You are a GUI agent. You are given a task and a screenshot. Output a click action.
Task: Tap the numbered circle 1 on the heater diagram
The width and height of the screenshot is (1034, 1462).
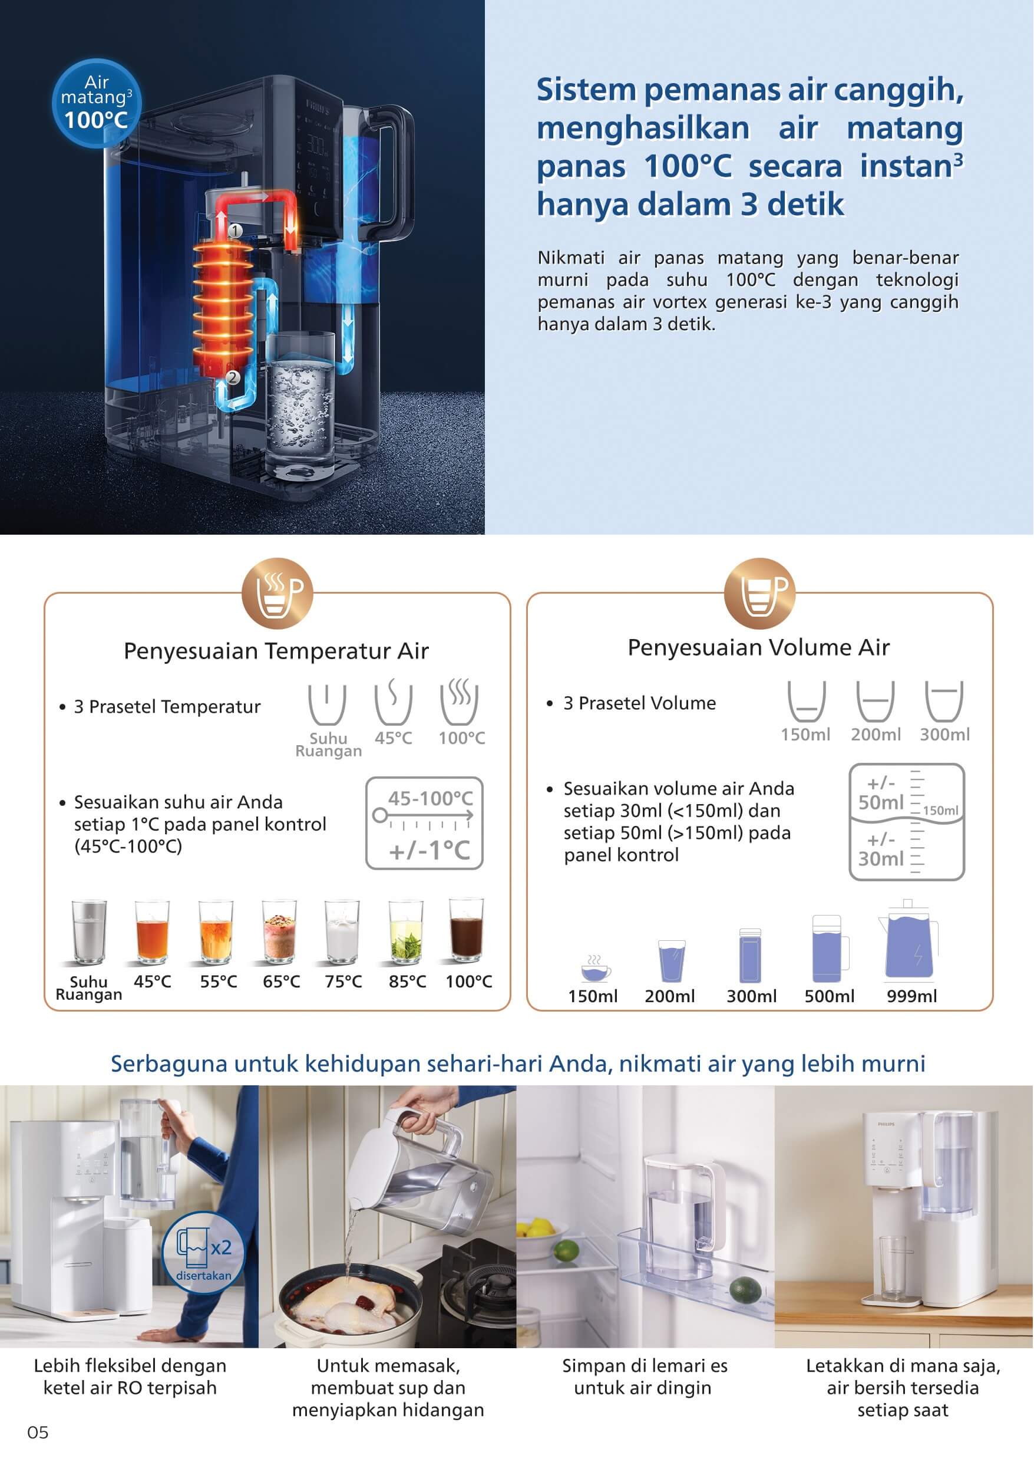(236, 230)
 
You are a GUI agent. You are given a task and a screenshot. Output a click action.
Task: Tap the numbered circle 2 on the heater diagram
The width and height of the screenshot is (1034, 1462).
(232, 377)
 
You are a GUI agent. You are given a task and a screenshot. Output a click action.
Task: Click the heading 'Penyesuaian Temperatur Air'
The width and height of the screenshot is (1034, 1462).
(276, 651)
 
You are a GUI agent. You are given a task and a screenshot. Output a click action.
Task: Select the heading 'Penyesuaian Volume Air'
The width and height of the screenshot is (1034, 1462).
(758, 648)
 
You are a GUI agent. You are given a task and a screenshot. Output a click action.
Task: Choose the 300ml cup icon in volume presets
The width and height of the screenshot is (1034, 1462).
(944, 700)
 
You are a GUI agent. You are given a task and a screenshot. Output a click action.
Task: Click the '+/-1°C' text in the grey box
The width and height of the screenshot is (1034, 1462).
(429, 850)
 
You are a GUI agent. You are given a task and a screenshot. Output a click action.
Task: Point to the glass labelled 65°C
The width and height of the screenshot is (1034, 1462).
(280, 931)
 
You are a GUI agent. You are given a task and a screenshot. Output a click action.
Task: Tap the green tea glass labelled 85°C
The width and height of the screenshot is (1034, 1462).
(405, 931)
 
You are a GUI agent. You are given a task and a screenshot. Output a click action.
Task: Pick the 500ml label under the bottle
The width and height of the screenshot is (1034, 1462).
(829, 996)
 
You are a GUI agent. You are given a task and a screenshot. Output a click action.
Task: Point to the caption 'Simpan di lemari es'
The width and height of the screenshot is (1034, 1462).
(645, 1366)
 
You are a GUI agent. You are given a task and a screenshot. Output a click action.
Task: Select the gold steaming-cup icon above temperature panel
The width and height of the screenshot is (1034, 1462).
(278, 593)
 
